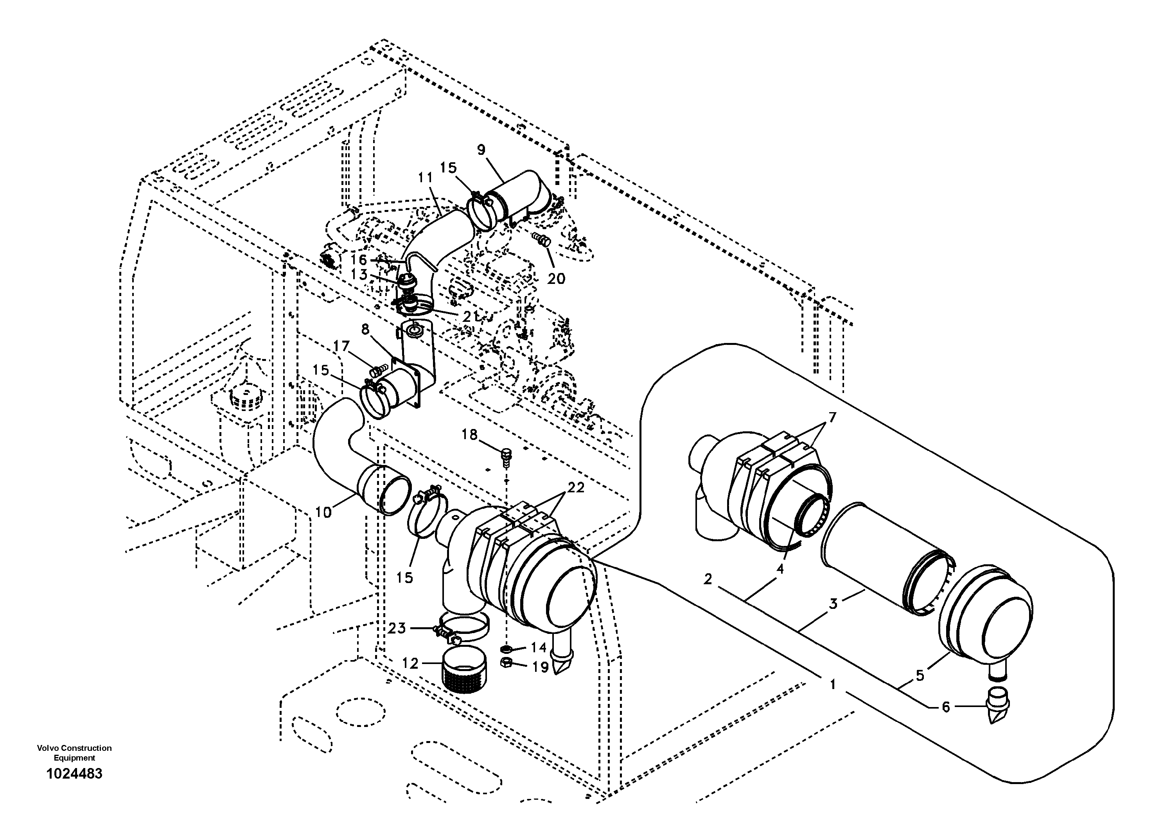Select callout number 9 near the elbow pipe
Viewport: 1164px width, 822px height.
tap(481, 149)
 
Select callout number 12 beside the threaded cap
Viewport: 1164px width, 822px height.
tap(410, 663)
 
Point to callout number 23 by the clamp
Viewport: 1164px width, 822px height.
tap(397, 628)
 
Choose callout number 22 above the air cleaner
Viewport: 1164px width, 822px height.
tap(576, 488)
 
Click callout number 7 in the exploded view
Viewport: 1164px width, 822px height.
tap(832, 418)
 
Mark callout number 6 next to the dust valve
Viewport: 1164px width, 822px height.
tap(945, 707)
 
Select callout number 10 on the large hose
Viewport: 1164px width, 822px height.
tap(323, 512)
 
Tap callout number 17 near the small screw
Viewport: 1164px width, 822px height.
tap(341, 346)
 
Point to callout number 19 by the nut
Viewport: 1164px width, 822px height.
tap(541, 668)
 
